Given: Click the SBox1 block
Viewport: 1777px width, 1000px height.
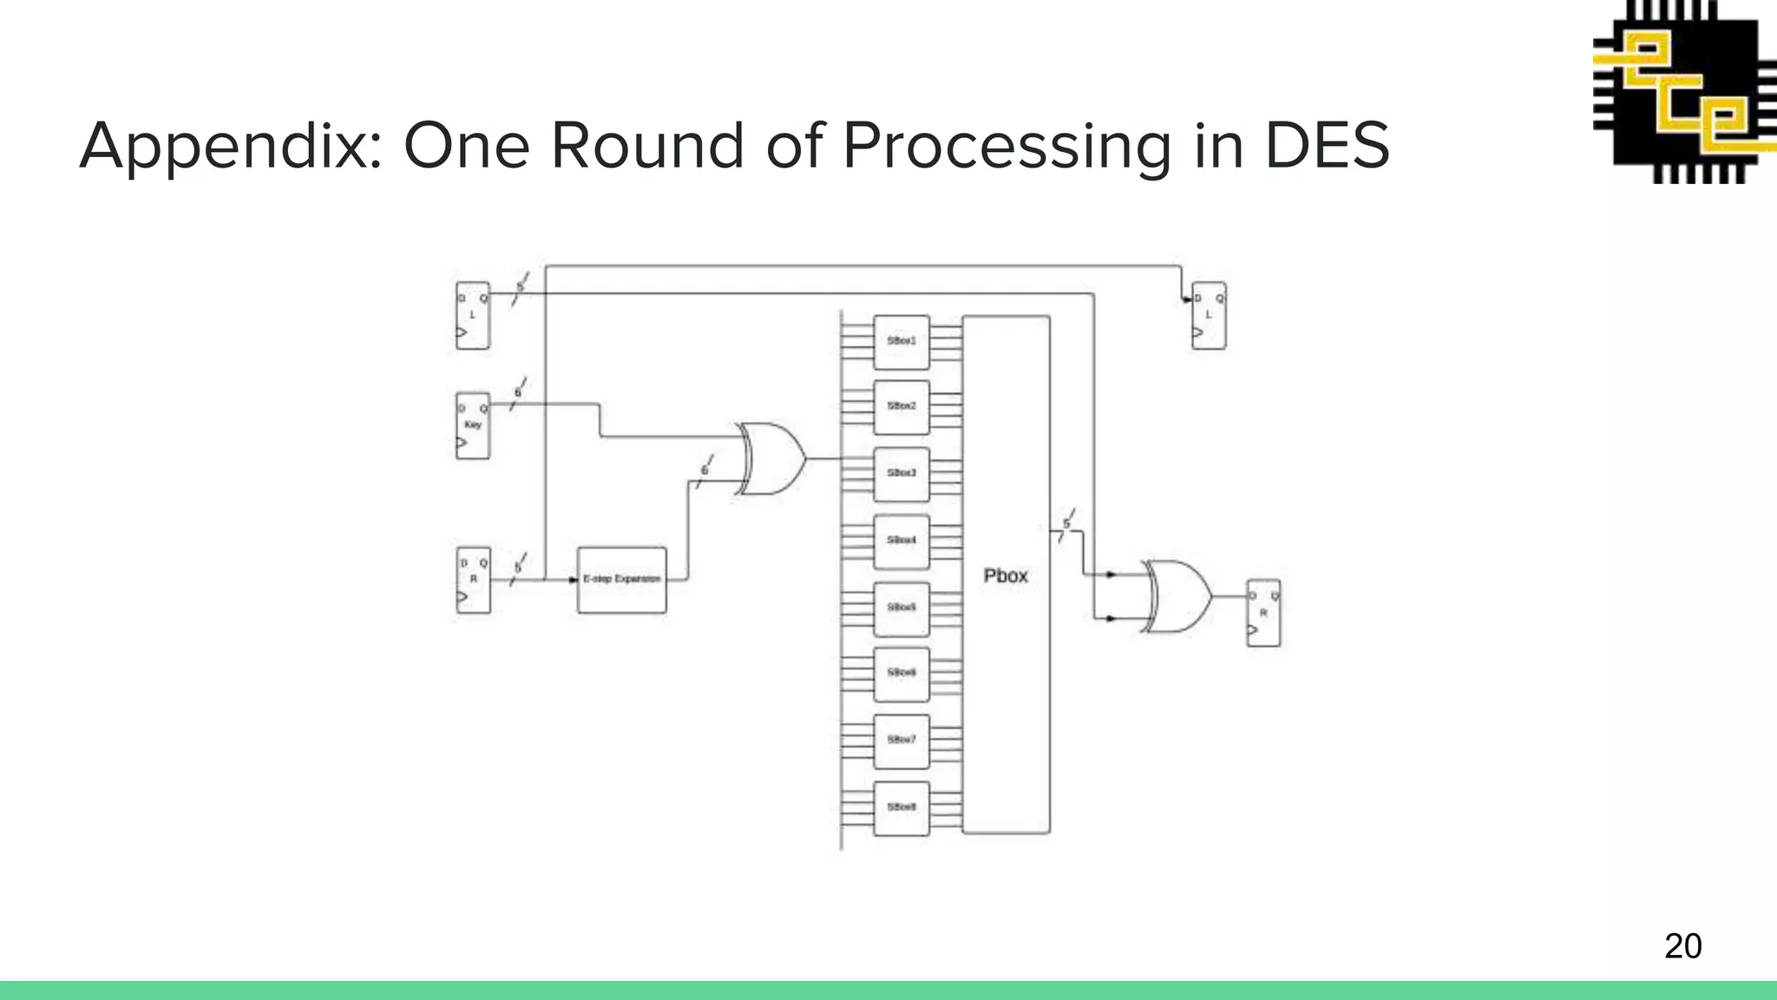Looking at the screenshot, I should pyautogui.click(x=902, y=341).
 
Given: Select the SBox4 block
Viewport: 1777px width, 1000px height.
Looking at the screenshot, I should pyautogui.click(x=902, y=540).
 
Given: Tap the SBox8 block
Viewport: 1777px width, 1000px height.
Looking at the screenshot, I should pyautogui.click(x=902, y=807).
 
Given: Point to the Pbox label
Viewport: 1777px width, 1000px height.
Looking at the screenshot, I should pyautogui.click(x=1006, y=576).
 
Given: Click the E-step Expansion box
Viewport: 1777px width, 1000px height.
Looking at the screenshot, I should pyautogui.click(x=622, y=579).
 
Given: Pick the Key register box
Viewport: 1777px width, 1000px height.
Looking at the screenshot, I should pyautogui.click(x=473, y=425).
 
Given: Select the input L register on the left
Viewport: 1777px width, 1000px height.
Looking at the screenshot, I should pyautogui.click(x=473, y=315).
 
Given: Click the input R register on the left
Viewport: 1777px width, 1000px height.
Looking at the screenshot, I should pyautogui.click(x=473, y=580).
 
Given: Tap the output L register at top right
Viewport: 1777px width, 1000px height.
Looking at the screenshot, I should pyautogui.click(x=1209, y=315).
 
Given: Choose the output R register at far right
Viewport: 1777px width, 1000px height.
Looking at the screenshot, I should pyautogui.click(x=1263, y=613).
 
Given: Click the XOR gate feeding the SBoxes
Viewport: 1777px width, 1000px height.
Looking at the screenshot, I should pyautogui.click(x=771, y=458).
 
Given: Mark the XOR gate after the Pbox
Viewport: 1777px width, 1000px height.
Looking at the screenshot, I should pyautogui.click(x=1178, y=596).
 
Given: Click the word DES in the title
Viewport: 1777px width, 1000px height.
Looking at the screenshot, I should pyautogui.click(x=1328, y=146).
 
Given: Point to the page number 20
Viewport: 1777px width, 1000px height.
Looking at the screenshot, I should pyautogui.click(x=1682, y=945).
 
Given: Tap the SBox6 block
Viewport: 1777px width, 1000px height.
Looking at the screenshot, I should pyautogui.click(x=902, y=674).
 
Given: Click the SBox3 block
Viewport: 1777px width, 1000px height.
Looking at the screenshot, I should pyautogui.click(x=902, y=474).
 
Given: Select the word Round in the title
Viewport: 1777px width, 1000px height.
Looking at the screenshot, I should pyautogui.click(x=647, y=146).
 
